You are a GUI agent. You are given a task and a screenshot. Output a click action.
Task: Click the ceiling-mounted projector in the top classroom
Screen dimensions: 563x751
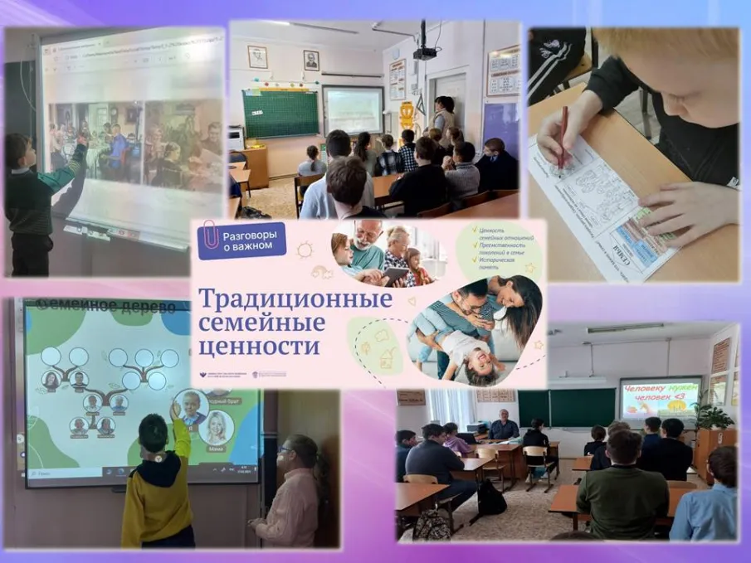pyautogui.click(x=425, y=52)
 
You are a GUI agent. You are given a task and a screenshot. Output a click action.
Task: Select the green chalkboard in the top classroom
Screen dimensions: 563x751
pyautogui.click(x=280, y=114)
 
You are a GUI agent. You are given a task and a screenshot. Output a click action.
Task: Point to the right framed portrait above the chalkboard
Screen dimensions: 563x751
pyautogui.click(x=310, y=60)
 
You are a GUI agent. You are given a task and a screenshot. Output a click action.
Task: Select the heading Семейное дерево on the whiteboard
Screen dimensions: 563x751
pyautogui.click(x=104, y=307)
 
